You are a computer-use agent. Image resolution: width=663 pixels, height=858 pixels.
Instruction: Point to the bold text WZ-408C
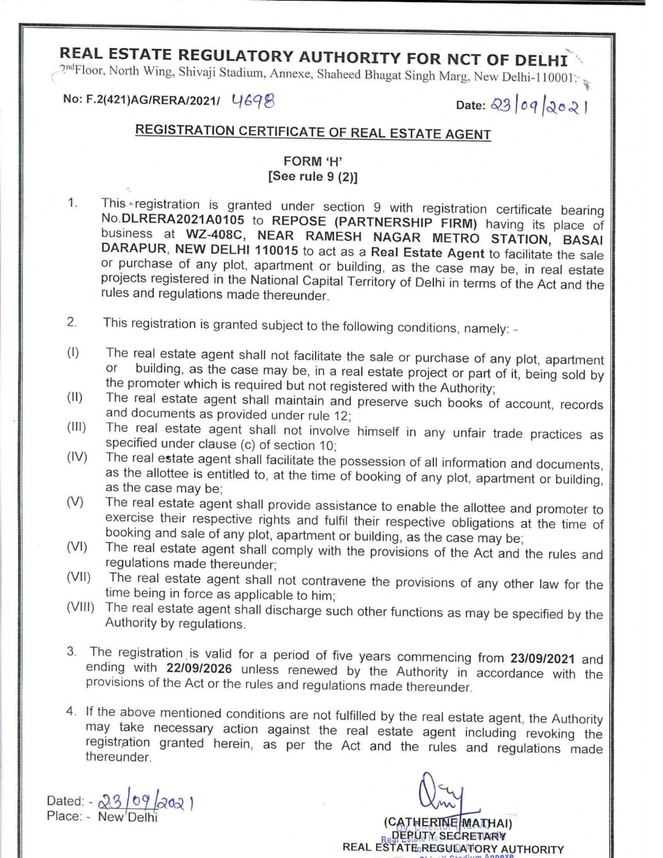coord(217,235)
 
